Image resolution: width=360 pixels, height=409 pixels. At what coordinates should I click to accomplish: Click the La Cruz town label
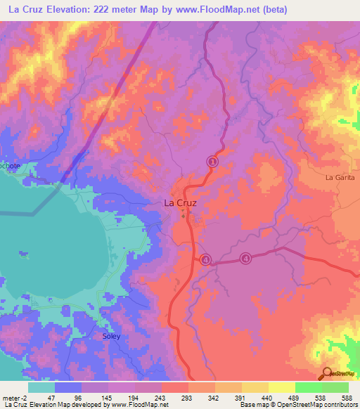[179, 202]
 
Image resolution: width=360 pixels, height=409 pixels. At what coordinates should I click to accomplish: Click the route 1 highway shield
[212, 162]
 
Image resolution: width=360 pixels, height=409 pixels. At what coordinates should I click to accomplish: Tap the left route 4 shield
[205, 259]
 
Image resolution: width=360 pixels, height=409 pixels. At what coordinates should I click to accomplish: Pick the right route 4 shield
[245, 259]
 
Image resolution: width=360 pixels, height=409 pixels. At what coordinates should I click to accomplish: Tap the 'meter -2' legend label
[13, 397]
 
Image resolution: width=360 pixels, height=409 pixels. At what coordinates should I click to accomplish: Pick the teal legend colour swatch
[41, 387]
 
